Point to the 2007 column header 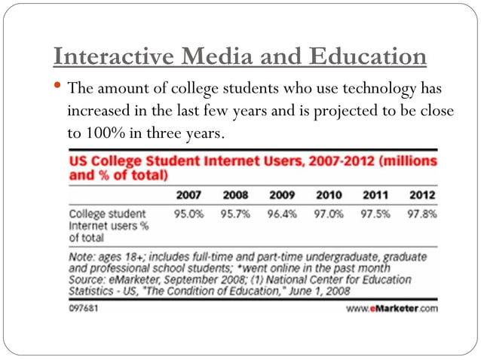188,196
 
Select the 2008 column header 235,196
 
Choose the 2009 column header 282,196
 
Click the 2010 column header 329,196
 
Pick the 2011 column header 375,196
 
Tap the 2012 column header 421,196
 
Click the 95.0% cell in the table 188,213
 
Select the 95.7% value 235,213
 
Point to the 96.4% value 282,213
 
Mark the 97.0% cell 329,213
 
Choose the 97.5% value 375,213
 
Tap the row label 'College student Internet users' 109,224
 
